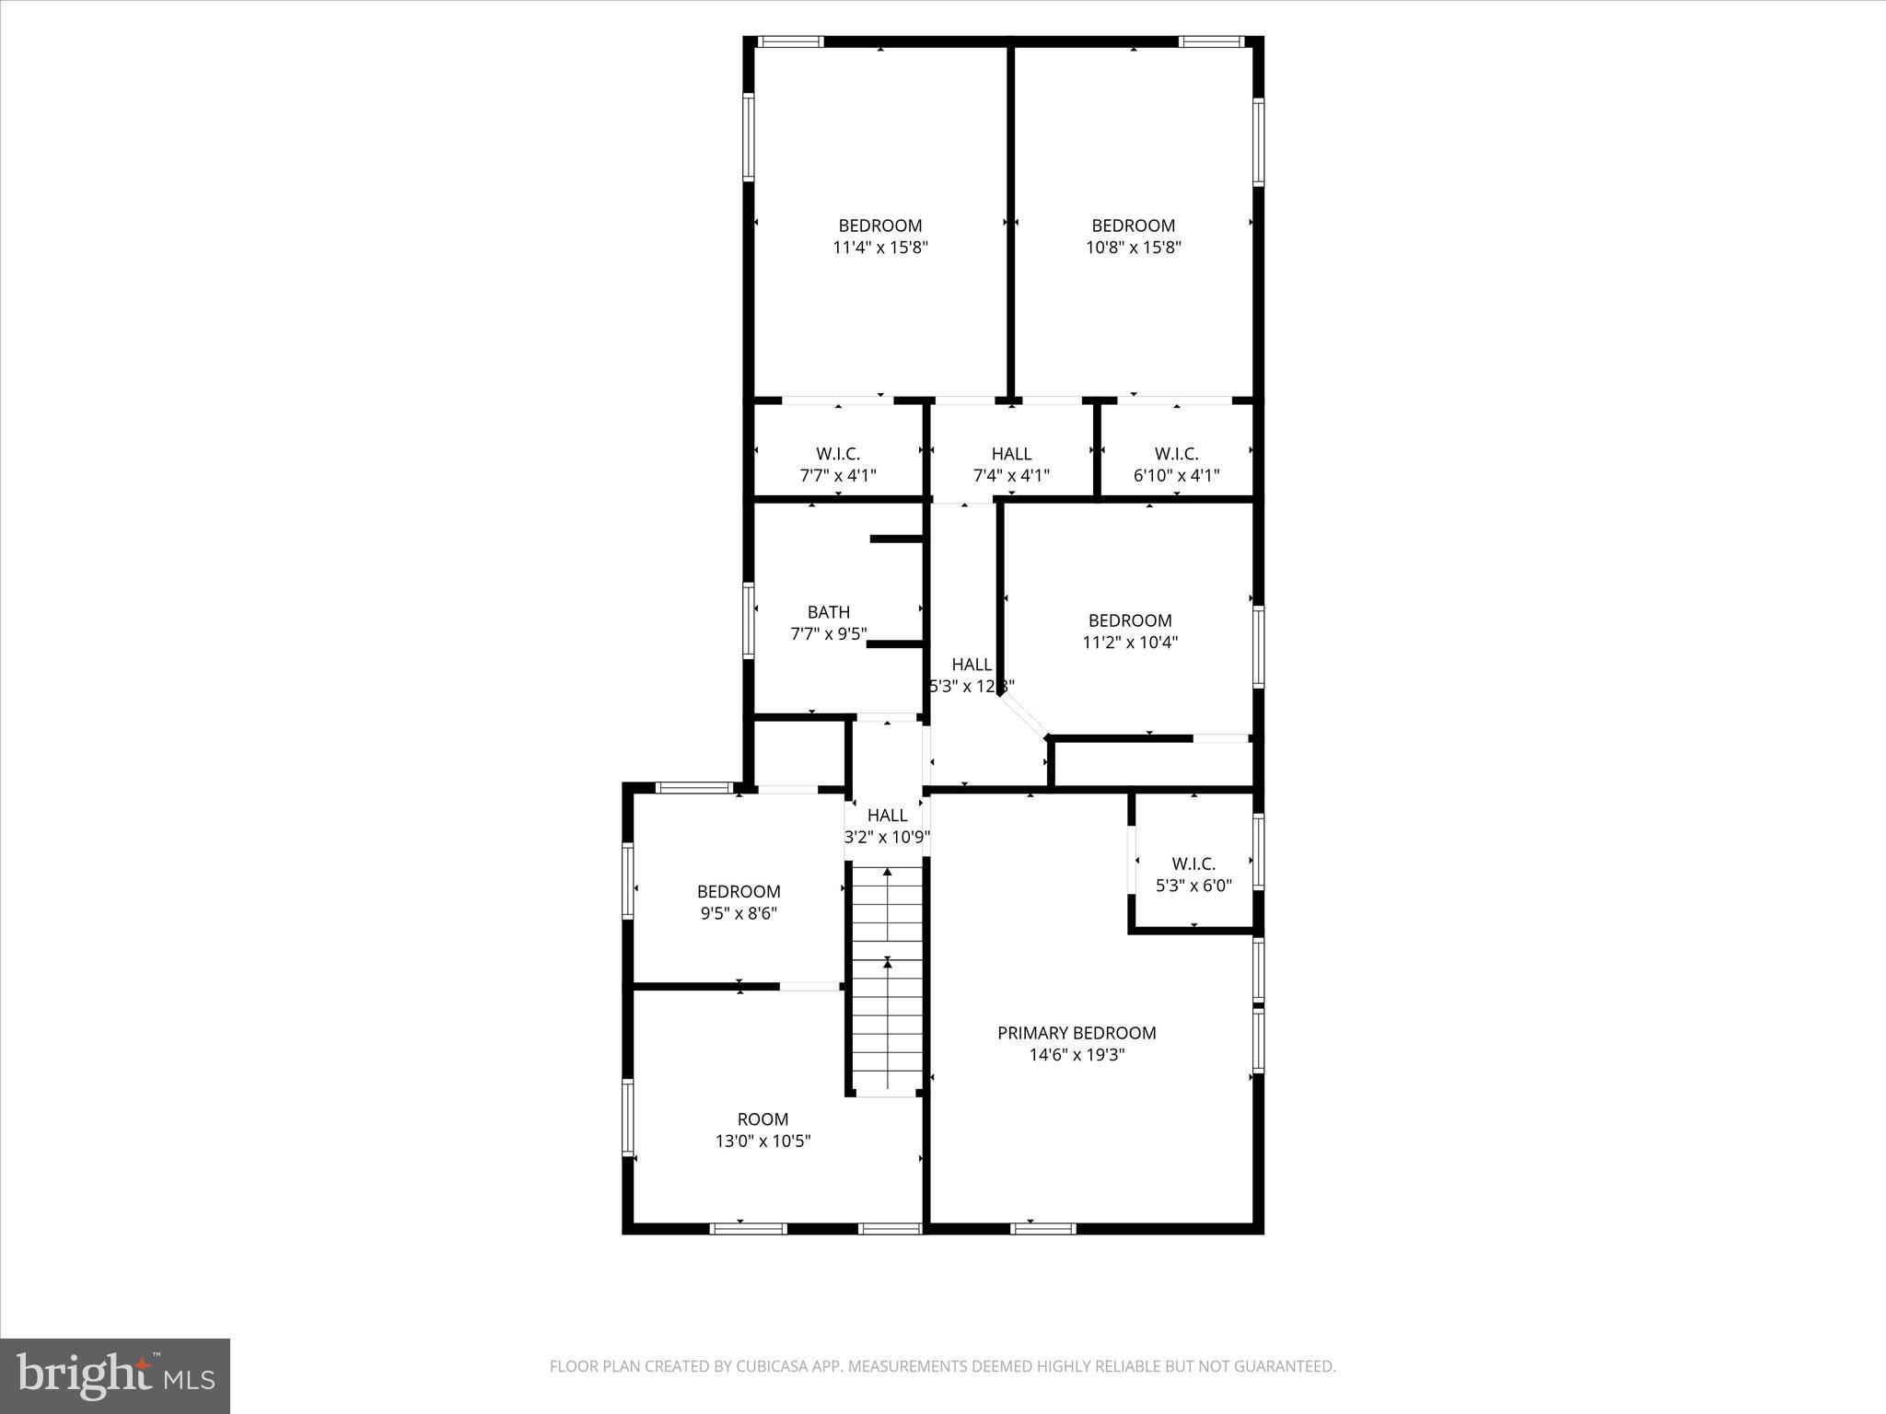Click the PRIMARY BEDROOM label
pos(1077,1033)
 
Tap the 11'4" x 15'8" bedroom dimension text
pos(879,248)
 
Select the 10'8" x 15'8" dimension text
pos(1133,248)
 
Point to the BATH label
pos(828,612)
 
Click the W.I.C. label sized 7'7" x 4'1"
pos(837,454)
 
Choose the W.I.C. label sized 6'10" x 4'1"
pos(1176,454)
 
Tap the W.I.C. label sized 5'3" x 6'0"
pos(1193,863)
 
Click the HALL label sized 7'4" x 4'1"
pos(1011,454)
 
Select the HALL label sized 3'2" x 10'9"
pos(887,816)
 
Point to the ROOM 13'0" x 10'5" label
pos(763,1119)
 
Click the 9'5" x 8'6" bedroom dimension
pos(739,914)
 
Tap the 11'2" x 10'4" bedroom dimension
pos(1130,643)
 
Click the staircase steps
pos(887,985)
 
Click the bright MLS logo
pos(115,1376)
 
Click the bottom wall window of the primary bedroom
pos(1042,1228)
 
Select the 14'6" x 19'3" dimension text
pos(1077,1055)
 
